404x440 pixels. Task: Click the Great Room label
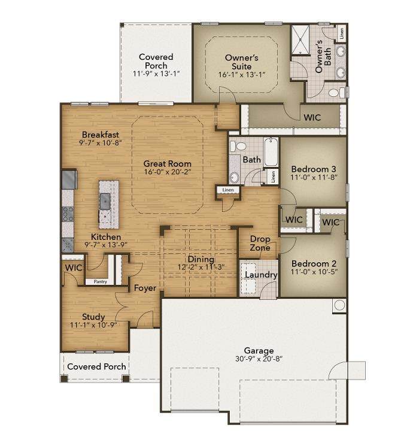[167, 163]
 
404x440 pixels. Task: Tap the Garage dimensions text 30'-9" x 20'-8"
[259, 359]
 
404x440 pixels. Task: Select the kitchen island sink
[105, 201]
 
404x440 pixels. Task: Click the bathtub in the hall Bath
[271, 151]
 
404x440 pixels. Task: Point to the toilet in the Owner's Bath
[336, 93]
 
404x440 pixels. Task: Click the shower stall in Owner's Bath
[300, 40]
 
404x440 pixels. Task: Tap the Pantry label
[100, 281]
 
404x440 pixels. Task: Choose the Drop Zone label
[260, 243]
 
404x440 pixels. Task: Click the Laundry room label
[261, 275]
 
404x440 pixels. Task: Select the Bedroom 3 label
[314, 169]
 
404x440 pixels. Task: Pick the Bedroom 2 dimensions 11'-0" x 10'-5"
[314, 272]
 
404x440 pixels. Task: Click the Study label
[93, 317]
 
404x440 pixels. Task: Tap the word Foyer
[145, 288]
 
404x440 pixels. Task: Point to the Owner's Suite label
[242, 62]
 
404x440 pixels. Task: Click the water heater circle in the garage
[339, 305]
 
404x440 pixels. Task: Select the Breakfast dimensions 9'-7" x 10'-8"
[100, 142]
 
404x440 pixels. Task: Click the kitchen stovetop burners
[68, 214]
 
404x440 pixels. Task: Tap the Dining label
[201, 259]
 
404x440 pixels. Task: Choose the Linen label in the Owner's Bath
[341, 33]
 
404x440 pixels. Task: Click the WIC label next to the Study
[74, 268]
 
